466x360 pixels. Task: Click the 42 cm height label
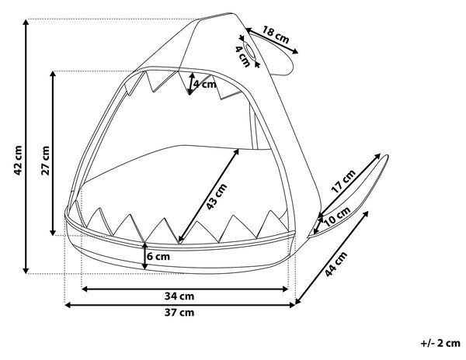18,161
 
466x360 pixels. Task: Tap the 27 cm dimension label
45,161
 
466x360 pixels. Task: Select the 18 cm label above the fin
276,35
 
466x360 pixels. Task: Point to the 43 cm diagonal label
217,196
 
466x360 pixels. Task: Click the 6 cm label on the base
158,256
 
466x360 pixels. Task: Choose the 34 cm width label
179,296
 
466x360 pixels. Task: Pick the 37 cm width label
179,312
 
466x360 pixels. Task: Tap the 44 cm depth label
336,264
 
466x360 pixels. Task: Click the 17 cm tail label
343,181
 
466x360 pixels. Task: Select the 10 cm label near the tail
337,216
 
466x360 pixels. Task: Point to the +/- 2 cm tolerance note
440,343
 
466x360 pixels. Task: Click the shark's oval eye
249,50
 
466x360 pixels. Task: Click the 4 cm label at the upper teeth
205,85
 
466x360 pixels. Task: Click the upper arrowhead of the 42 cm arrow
26,22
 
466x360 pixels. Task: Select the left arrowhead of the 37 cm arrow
68,305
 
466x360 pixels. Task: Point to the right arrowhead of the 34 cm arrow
285,289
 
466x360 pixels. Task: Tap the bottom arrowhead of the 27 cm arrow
53,233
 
